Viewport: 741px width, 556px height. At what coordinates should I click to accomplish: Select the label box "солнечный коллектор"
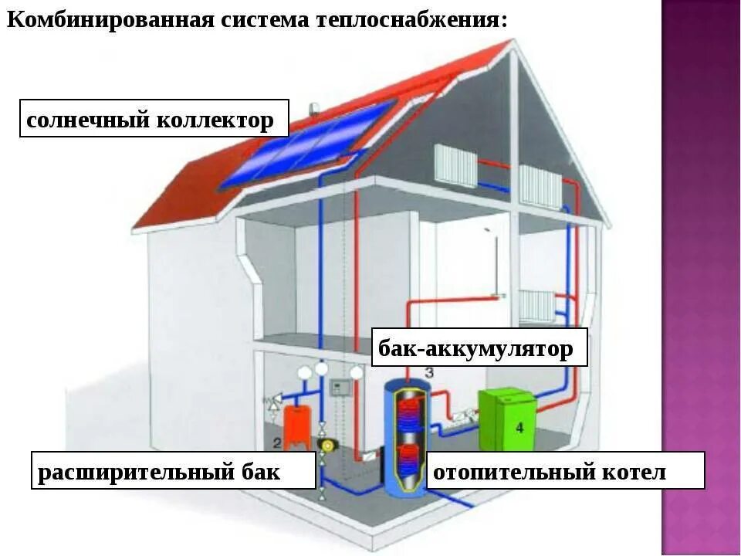tap(154, 120)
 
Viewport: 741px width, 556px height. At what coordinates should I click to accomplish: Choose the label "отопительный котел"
tap(566, 470)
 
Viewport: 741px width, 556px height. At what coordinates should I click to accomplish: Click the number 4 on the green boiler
tap(519, 426)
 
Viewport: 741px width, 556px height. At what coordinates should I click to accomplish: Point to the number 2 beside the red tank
tap(278, 442)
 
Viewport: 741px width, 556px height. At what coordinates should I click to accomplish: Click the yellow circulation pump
tap(323, 444)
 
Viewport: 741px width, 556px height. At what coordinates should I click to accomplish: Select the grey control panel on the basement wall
tap(340, 388)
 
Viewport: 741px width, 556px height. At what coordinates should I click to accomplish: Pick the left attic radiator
tap(455, 164)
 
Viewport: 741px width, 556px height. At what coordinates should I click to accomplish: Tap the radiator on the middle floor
tap(537, 306)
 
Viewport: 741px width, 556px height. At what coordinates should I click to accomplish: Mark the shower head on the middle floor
tap(489, 232)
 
